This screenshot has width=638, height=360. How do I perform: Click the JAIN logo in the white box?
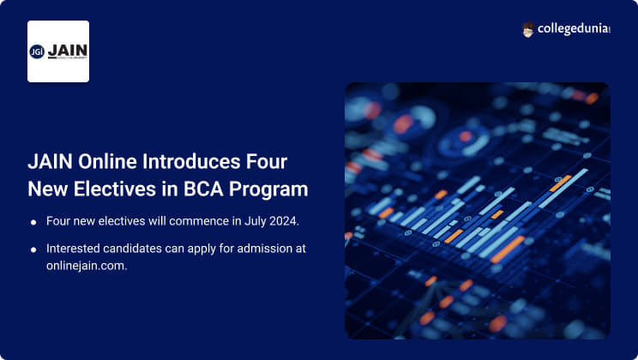click(58, 51)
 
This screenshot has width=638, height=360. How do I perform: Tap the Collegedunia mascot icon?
click(528, 30)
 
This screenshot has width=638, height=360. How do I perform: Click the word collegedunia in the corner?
click(573, 30)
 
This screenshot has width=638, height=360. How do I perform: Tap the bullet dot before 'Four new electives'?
click(33, 223)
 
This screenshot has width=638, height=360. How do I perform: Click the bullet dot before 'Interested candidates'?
click(33, 249)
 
